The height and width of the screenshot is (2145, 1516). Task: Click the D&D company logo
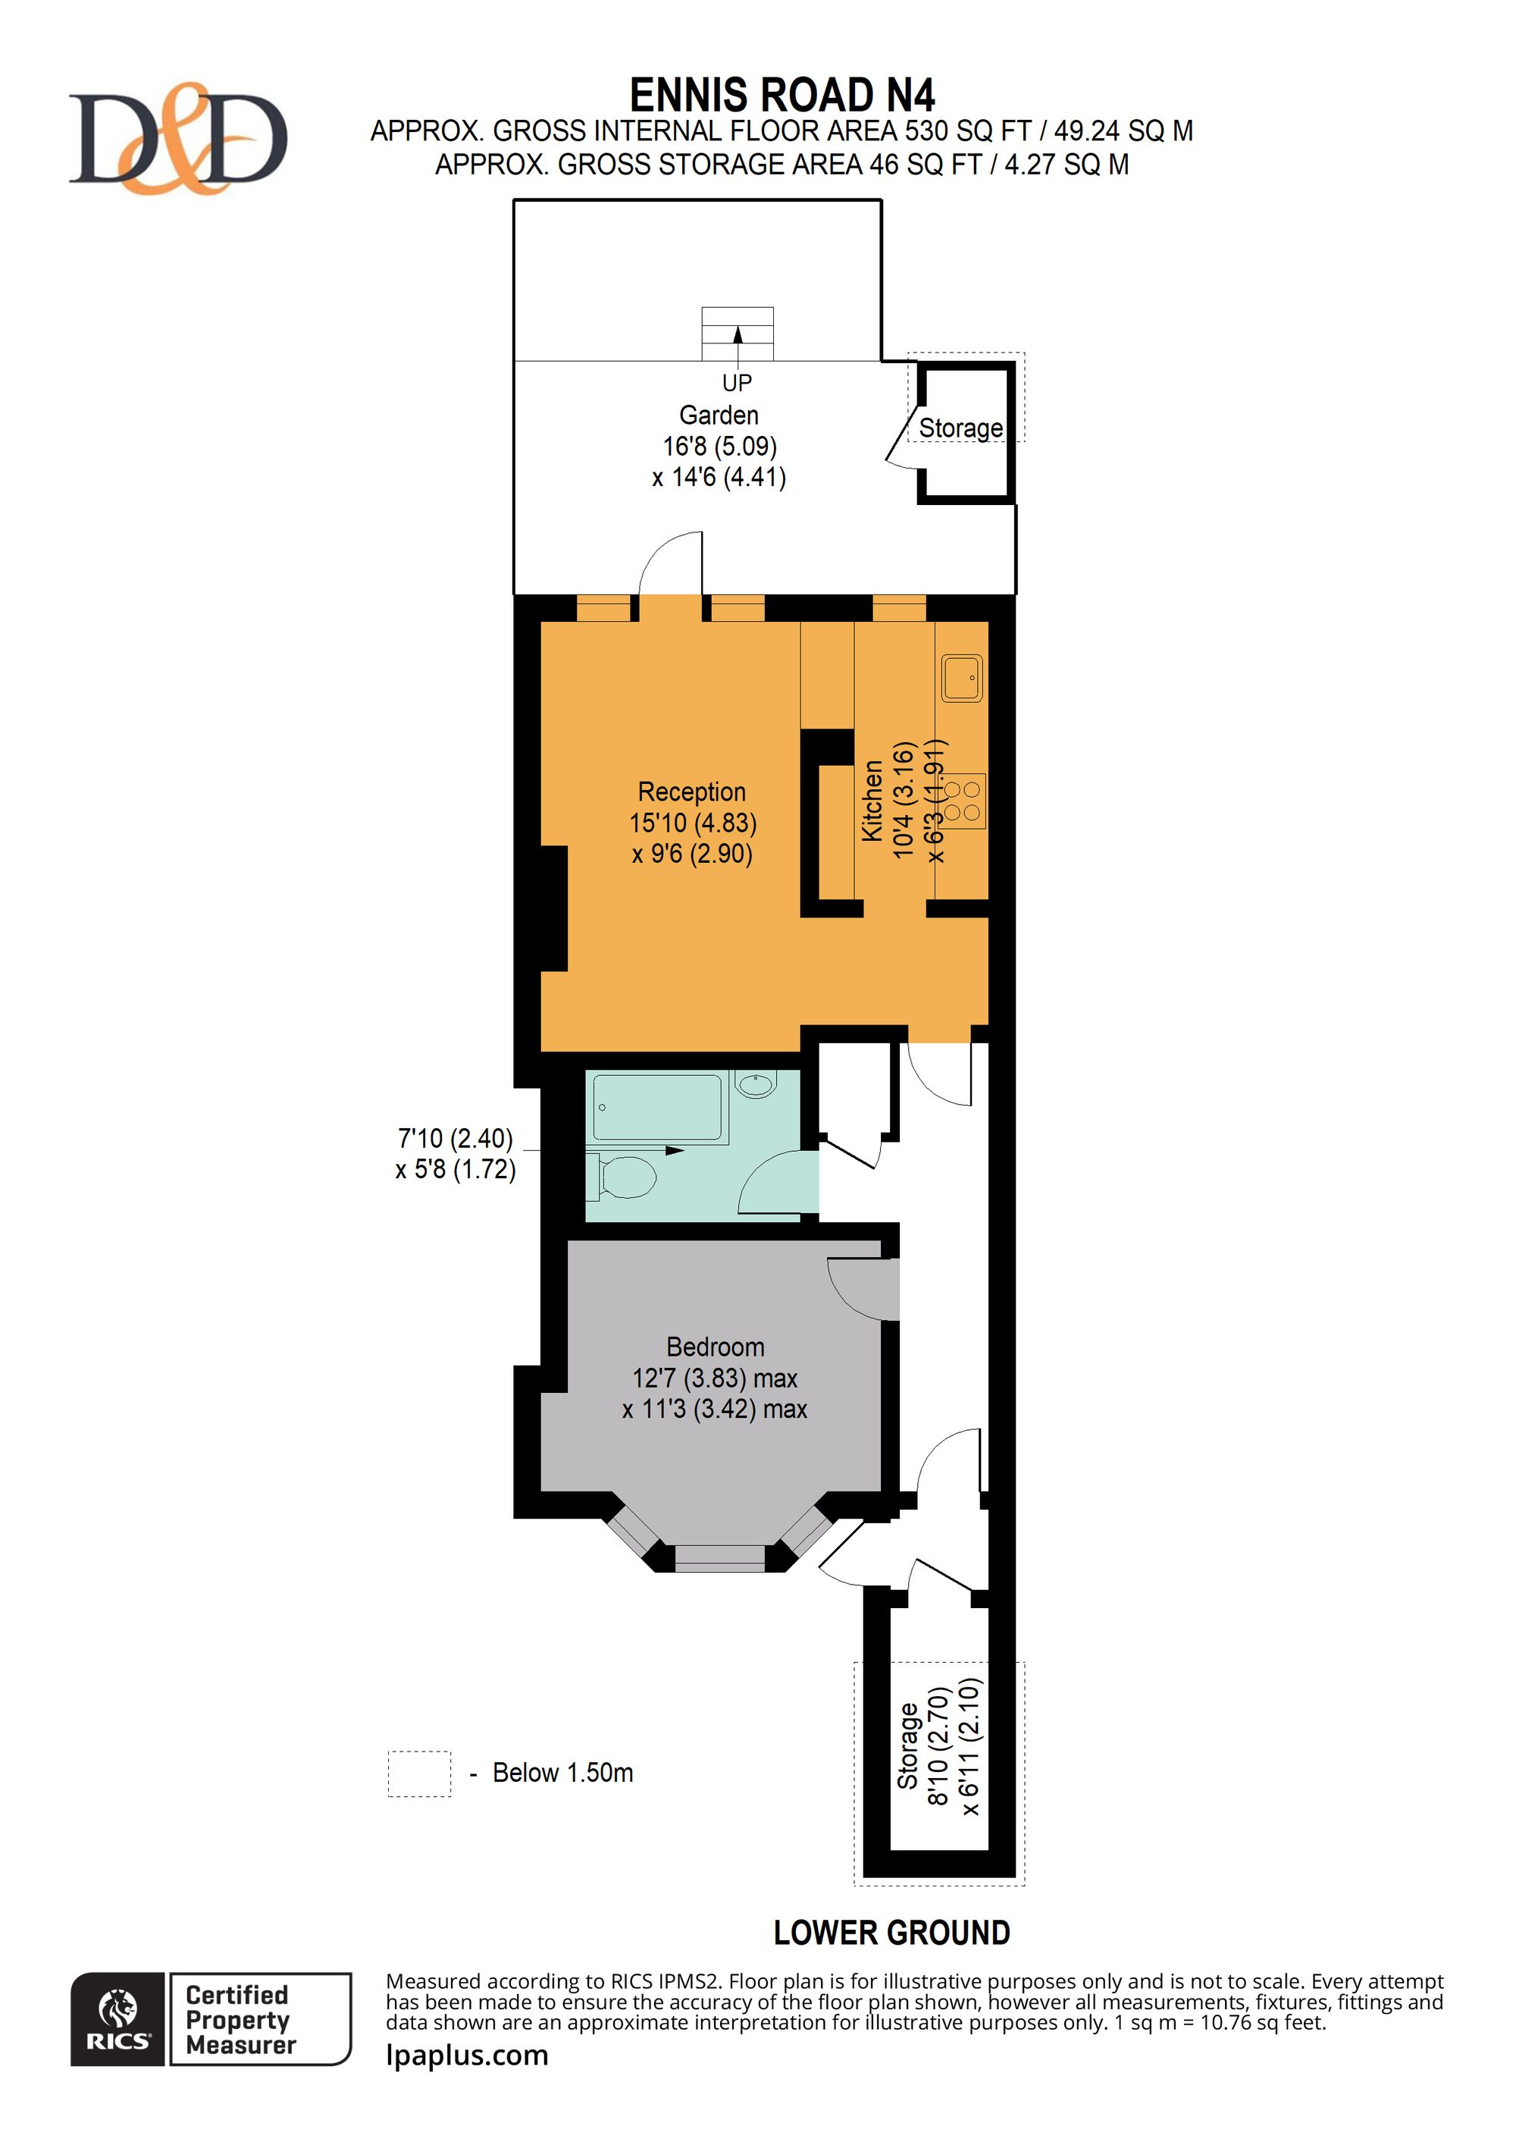[x=177, y=138]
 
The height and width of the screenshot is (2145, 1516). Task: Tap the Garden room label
[x=719, y=415]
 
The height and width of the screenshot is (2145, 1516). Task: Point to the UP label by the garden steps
[x=737, y=382]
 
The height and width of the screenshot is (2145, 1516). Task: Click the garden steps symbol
[x=738, y=334]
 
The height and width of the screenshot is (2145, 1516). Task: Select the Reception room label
[x=692, y=792]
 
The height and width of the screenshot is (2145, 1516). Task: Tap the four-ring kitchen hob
[x=962, y=801]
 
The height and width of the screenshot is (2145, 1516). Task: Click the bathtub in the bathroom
[x=659, y=1107]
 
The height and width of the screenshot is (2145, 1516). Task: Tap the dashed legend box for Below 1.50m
[x=419, y=1773]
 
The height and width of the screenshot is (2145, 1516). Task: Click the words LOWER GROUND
[x=892, y=1932]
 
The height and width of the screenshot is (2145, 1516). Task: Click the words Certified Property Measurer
[x=240, y=2019]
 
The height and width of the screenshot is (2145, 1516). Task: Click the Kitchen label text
[x=872, y=801]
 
